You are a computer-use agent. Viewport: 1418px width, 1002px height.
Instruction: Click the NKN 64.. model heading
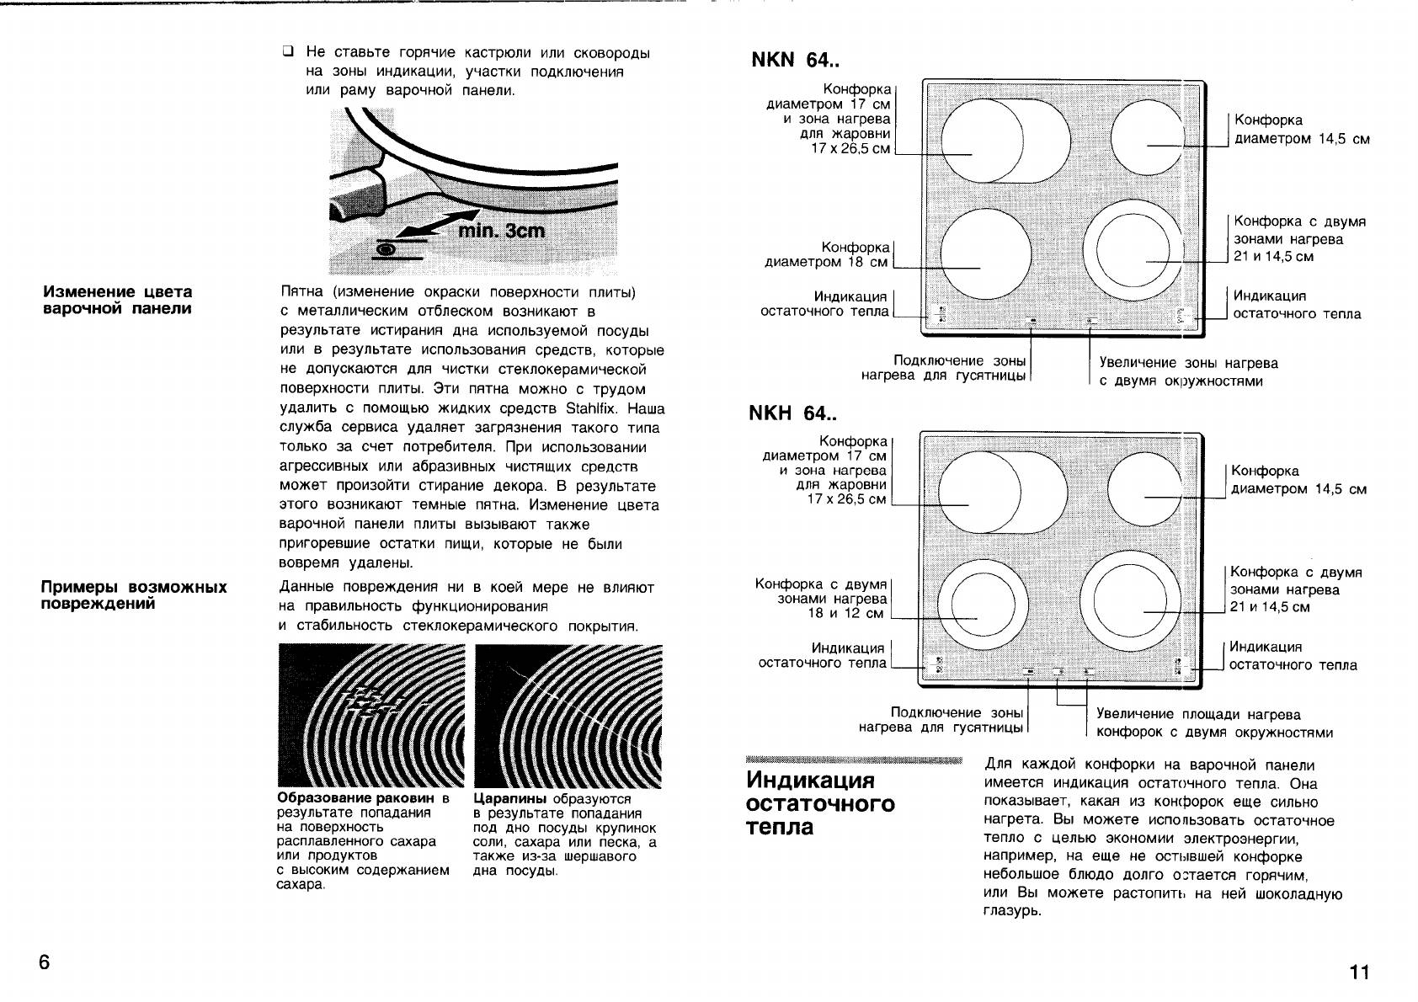pyautogui.click(x=794, y=61)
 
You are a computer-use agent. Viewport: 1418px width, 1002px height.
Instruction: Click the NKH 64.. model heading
pyautogui.click(x=792, y=413)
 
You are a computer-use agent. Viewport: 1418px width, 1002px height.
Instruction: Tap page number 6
pyautogui.click(x=45, y=962)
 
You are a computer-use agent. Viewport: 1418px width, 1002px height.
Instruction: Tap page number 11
pyautogui.click(x=1359, y=973)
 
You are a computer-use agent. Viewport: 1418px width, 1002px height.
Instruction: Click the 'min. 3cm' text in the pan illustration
pyautogui.click(x=501, y=230)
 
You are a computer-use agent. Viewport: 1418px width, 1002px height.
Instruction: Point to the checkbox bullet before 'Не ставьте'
pyautogui.click(x=288, y=53)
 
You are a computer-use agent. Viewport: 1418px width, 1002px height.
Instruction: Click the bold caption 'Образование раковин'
pyautogui.click(x=356, y=798)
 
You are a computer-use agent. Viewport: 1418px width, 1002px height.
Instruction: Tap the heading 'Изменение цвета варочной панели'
pyautogui.click(x=118, y=300)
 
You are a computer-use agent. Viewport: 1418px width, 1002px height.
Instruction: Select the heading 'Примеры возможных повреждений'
pyautogui.click(x=134, y=594)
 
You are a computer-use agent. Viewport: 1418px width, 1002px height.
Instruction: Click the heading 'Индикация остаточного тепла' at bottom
pyautogui.click(x=820, y=803)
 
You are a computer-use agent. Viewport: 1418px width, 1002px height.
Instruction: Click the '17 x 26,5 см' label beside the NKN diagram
pyautogui.click(x=850, y=149)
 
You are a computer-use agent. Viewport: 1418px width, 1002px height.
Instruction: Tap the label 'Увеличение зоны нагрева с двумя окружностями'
pyautogui.click(x=1187, y=372)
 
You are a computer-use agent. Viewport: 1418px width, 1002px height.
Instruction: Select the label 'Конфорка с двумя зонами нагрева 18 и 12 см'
pyautogui.click(x=822, y=599)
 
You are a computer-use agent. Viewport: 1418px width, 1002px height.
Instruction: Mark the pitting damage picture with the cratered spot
pyautogui.click(x=371, y=715)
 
